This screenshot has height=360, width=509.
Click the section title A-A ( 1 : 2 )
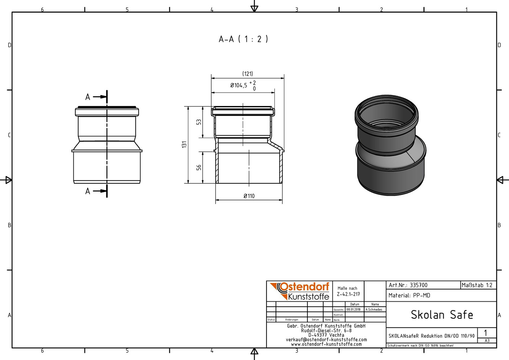point(244,39)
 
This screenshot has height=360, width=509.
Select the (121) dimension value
point(248,74)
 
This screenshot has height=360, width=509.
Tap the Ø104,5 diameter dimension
point(239,85)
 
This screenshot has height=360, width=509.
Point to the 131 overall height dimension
point(184,144)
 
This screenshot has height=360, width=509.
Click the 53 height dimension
point(199,122)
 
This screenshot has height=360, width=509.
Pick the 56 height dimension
point(199,167)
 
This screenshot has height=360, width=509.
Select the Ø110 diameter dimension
point(249,196)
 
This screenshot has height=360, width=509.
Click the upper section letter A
point(88,97)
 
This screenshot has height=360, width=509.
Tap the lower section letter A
point(88,191)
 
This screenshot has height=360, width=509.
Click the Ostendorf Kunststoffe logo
point(300,291)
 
